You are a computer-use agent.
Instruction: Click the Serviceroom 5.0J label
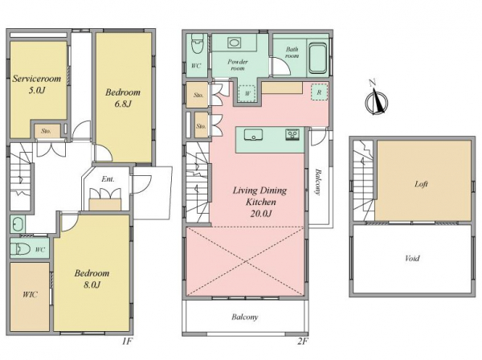[37, 84]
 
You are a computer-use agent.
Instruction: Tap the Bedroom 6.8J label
[123, 98]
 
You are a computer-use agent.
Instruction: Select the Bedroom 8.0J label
[92, 279]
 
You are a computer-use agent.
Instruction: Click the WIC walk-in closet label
[30, 295]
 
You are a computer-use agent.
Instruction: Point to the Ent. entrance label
[108, 179]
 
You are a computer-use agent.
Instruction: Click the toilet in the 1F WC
[21, 249]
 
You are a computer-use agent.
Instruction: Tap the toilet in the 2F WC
[197, 44]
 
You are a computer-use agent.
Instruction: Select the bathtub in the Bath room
[317, 59]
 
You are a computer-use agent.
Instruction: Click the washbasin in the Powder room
[234, 43]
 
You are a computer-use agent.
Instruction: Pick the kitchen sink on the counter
[253, 135]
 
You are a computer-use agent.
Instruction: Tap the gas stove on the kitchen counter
[292, 135]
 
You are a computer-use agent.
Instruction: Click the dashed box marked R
[319, 92]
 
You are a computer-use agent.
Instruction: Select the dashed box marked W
[247, 93]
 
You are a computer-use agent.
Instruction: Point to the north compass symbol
[376, 100]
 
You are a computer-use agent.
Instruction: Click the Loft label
[421, 184]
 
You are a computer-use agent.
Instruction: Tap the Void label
[412, 258]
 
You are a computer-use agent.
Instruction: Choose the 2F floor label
[303, 342]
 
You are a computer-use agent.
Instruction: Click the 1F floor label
[127, 342]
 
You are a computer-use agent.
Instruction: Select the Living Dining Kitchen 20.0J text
[260, 202]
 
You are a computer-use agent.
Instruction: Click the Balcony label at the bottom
[245, 317]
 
